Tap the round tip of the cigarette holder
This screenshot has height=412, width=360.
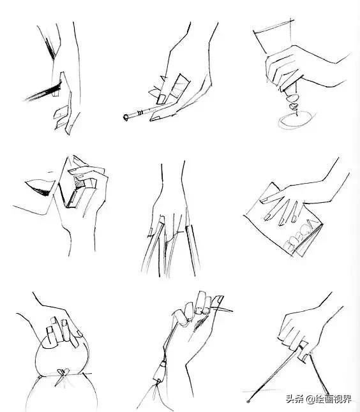coord(126,117)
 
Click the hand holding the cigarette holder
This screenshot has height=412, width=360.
coord(182,83)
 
